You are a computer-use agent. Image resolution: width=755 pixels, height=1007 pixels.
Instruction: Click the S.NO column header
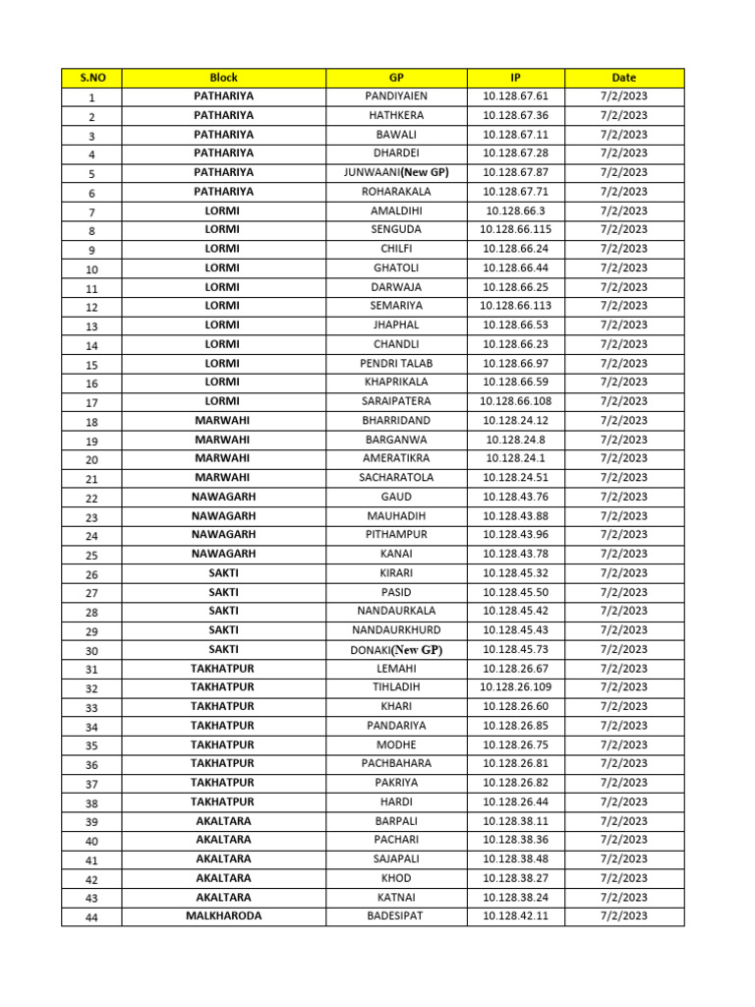pos(91,77)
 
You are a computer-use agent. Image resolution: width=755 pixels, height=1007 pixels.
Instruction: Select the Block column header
pos(223,77)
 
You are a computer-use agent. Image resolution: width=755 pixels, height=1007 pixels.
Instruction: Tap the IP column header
pos(516,77)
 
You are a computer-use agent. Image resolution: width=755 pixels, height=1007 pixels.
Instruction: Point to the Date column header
pos(623,77)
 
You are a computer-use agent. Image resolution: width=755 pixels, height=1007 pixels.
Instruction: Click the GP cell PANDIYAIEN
pos(396,96)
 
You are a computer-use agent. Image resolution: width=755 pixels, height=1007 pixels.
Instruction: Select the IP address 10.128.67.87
pos(516,172)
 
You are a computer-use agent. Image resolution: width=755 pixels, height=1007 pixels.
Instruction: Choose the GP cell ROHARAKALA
pos(396,192)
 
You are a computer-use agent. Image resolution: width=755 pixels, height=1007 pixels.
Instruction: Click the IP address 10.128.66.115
pos(516,229)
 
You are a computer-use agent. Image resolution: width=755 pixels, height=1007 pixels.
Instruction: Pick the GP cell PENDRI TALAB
pos(396,363)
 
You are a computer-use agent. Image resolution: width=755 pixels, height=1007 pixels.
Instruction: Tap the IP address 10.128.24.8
pos(516,440)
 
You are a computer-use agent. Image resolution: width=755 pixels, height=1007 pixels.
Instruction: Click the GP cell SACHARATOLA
pos(396,477)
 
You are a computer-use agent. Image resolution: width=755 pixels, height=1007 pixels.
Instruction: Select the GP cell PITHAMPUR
pos(396,534)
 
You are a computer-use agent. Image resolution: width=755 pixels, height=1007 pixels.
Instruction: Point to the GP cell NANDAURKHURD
pos(396,629)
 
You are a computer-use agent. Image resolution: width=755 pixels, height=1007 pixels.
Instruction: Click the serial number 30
pos(91,650)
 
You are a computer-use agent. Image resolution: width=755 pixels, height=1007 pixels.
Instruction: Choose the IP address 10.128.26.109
pos(516,686)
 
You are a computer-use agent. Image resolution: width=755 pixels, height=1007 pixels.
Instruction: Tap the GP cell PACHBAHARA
pos(396,763)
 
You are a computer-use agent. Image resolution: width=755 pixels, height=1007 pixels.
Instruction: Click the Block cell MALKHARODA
pos(223,916)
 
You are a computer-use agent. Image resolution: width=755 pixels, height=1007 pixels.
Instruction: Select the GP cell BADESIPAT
pos(396,916)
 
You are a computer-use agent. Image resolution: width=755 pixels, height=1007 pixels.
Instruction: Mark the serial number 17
pos(91,402)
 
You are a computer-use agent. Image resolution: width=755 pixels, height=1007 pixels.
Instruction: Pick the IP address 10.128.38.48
pos(516,859)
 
